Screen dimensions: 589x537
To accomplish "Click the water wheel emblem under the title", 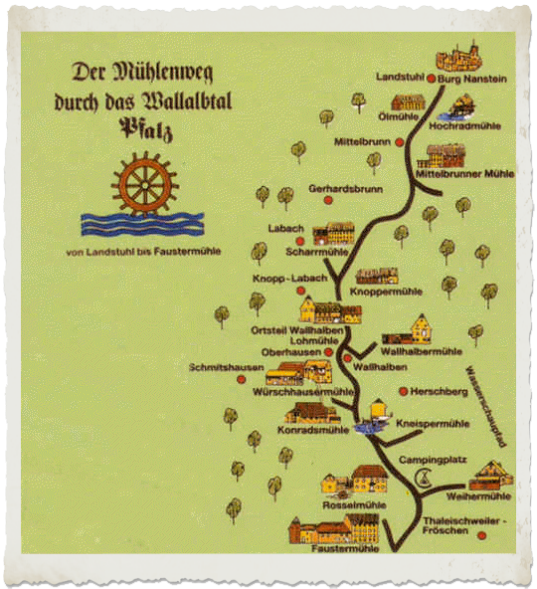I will (143, 185).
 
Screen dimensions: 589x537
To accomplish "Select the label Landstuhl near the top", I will (401, 77).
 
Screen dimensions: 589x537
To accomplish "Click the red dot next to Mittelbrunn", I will (400, 142).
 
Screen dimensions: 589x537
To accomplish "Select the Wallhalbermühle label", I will (422, 351).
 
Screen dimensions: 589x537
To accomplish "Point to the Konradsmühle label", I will (301, 432).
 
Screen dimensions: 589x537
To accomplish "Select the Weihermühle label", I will (479, 495).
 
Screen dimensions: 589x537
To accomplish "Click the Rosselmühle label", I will (355, 504).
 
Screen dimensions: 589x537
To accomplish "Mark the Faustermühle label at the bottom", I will (345, 548).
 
